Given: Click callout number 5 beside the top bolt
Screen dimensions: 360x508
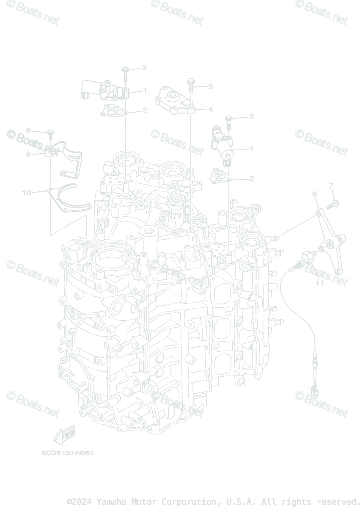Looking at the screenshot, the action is tap(210, 87).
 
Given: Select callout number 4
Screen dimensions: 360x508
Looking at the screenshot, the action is tap(210, 109).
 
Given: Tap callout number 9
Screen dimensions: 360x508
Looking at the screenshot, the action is tap(28, 131).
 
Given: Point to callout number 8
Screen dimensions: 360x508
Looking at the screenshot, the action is tap(28, 155).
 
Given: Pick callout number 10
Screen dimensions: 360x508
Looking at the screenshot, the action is tap(27, 193).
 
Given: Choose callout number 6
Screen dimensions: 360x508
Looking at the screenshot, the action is tap(314, 194).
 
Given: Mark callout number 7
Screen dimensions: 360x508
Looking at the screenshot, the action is tap(331, 185).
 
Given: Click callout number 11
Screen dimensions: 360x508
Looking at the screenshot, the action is tap(320, 283).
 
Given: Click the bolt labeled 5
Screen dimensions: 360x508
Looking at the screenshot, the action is tap(190, 86).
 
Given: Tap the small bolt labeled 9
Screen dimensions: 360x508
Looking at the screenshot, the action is tap(50, 133).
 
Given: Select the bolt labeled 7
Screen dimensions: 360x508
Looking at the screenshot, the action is tap(331, 204).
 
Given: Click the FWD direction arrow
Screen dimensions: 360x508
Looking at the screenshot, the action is tap(63, 435).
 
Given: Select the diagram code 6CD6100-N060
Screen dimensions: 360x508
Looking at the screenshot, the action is tap(67, 453).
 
